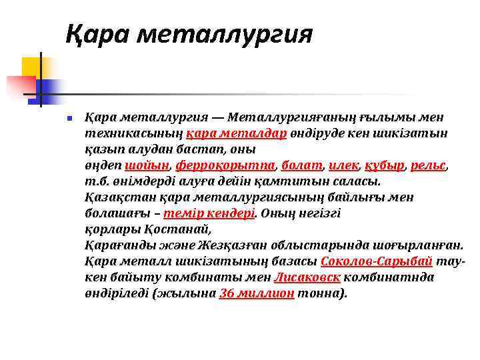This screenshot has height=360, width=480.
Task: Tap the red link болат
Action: (x=301, y=165)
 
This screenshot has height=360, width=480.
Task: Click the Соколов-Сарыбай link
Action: (x=377, y=261)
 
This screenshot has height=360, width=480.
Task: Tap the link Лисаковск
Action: (x=308, y=277)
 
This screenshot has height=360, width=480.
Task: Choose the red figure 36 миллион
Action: (x=257, y=293)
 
